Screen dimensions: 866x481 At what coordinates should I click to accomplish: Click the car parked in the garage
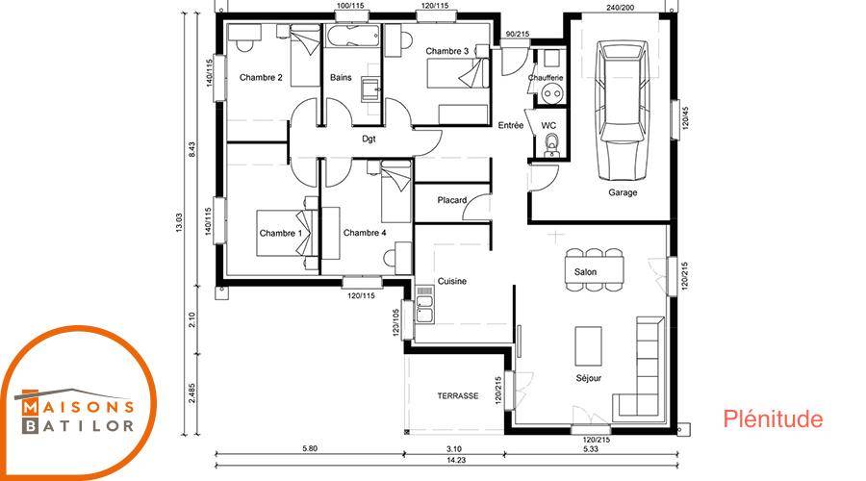pyautogui.click(x=623, y=109)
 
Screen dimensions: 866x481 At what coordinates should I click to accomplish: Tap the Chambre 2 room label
pyautogui.click(x=261, y=77)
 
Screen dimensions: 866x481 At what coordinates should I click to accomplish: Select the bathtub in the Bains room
pyautogui.click(x=353, y=37)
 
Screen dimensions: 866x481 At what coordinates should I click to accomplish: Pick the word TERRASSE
pyautogui.click(x=458, y=396)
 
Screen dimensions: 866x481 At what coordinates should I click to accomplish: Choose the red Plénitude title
pyautogui.click(x=773, y=419)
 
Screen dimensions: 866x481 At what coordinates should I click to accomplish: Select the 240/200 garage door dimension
pyautogui.click(x=621, y=7)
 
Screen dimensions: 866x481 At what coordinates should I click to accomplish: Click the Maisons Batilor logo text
pyautogui.click(x=77, y=416)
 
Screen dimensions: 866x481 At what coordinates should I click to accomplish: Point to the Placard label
pyautogui.click(x=452, y=200)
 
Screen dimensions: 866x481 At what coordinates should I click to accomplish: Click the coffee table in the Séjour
pyautogui.click(x=588, y=345)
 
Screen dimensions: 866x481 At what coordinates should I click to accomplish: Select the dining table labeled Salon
pyautogui.click(x=595, y=270)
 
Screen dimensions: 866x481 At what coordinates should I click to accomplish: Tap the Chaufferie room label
pyautogui.click(x=546, y=78)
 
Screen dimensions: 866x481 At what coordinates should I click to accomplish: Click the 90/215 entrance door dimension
pyautogui.click(x=518, y=35)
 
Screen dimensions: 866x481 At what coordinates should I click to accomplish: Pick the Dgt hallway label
pyautogui.click(x=369, y=139)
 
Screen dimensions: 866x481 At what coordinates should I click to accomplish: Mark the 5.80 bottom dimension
pyautogui.click(x=310, y=449)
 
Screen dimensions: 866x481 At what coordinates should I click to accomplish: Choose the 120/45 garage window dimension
pyautogui.click(x=684, y=118)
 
